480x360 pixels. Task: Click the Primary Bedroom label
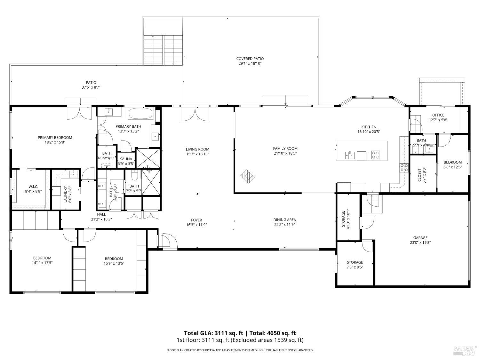(55, 138)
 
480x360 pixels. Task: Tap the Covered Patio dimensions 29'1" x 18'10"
(250, 64)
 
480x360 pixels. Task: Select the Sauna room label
(126, 159)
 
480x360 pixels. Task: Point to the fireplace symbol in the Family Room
(247, 176)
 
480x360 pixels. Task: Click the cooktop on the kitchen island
(375, 155)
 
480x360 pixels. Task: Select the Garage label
(420, 238)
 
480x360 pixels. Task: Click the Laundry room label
(65, 194)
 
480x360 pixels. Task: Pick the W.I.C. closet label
(33, 187)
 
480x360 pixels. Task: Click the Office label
(438, 115)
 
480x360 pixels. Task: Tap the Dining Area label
(284, 220)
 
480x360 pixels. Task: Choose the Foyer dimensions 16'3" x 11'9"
(196, 225)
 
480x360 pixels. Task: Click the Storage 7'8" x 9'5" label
(355, 262)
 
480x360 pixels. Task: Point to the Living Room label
(197, 149)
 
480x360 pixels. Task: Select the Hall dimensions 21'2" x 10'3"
(101, 219)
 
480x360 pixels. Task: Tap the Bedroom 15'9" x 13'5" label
(114, 259)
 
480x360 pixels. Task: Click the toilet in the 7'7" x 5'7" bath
(134, 175)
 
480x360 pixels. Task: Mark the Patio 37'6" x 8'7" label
(91, 83)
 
